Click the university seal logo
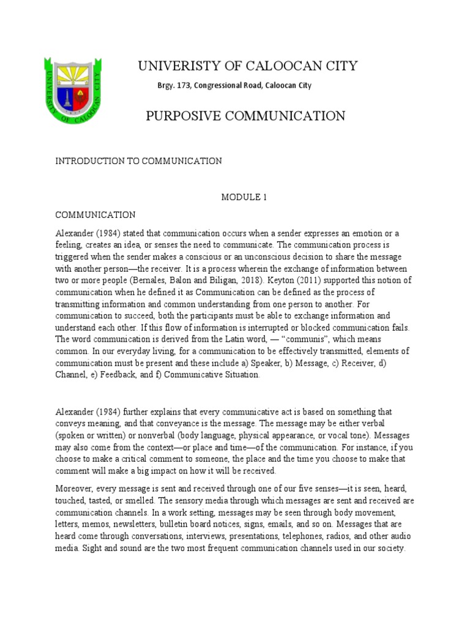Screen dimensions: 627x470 (x=73, y=89)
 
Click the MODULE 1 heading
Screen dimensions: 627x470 (x=244, y=197)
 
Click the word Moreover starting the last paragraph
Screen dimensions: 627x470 (x=76, y=489)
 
